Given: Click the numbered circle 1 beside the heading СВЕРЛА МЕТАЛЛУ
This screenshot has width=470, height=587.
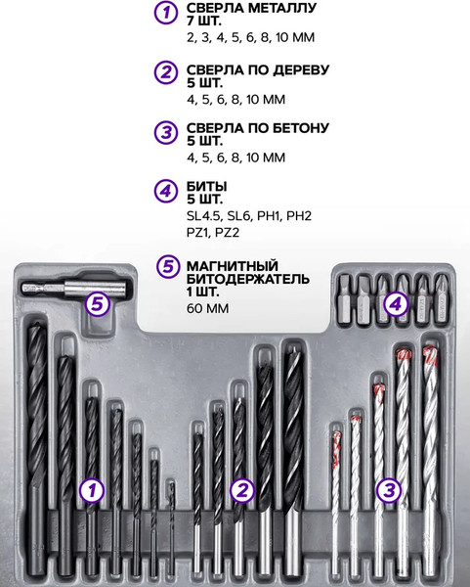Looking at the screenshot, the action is [x=166, y=14].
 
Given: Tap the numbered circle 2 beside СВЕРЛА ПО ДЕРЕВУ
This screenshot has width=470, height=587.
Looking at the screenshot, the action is [x=166, y=72].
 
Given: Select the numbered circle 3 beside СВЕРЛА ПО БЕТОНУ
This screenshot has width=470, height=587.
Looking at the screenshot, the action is [x=166, y=132].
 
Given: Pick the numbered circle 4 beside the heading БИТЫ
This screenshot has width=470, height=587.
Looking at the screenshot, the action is [x=166, y=191].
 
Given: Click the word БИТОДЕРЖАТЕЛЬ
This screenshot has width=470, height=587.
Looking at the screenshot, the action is [x=248, y=279].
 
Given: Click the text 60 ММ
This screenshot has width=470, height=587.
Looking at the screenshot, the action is [x=207, y=308].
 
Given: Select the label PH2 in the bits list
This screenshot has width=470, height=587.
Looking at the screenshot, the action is [x=299, y=216].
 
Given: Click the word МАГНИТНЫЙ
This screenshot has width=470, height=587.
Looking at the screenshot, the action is [x=233, y=266].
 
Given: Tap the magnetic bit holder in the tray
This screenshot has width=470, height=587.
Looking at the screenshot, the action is [x=73, y=289].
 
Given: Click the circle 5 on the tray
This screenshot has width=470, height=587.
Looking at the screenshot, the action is [x=97, y=303].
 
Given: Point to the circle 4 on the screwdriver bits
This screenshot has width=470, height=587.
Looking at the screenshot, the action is [x=396, y=304].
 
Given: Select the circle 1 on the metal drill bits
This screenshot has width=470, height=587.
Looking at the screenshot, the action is [x=92, y=490].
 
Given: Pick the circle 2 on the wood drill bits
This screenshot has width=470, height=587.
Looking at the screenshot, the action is [x=242, y=490].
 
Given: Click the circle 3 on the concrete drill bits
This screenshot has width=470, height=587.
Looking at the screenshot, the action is [x=389, y=490].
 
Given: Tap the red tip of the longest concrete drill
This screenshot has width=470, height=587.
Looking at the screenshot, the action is [x=430, y=354].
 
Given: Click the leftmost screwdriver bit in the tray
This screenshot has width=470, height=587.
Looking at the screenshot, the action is [x=345, y=298].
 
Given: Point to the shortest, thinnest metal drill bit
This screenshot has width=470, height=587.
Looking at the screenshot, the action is [x=171, y=529].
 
